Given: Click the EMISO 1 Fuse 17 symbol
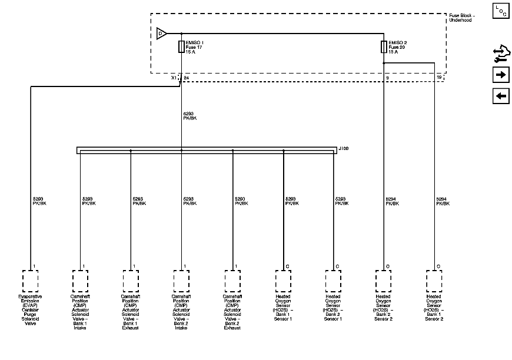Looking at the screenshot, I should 181,47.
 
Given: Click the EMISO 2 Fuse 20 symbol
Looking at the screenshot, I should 384,47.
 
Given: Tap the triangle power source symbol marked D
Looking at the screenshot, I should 161,34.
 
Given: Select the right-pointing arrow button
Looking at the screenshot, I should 500,75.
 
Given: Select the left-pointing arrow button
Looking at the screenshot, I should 500,96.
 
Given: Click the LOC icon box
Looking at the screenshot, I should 500,10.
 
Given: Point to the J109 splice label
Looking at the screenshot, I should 344,149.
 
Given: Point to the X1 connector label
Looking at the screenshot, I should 174,78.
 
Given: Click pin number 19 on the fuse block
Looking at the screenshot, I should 439,78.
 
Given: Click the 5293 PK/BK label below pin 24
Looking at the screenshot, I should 189,116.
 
